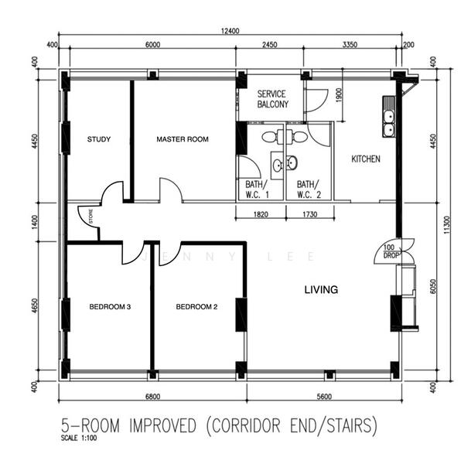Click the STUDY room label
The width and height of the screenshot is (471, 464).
pyautogui.click(x=99, y=140)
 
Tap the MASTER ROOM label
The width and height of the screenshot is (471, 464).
pyautogui.click(x=183, y=140)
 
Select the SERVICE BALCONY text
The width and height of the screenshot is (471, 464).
pyautogui.click(x=272, y=99)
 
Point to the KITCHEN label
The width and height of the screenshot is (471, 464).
pyautogui.click(x=366, y=159)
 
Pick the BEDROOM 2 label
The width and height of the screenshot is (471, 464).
pyautogui.click(x=196, y=307)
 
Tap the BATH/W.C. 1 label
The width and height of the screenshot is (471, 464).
pyautogui.click(x=255, y=189)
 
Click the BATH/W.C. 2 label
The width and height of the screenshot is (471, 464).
pyautogui.click(x=307, y=189)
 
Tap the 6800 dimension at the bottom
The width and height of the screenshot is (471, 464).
pyautogui.click(x=152, y=398)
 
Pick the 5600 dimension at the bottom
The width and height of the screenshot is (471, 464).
pyautogui.click(x=323, y=398)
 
